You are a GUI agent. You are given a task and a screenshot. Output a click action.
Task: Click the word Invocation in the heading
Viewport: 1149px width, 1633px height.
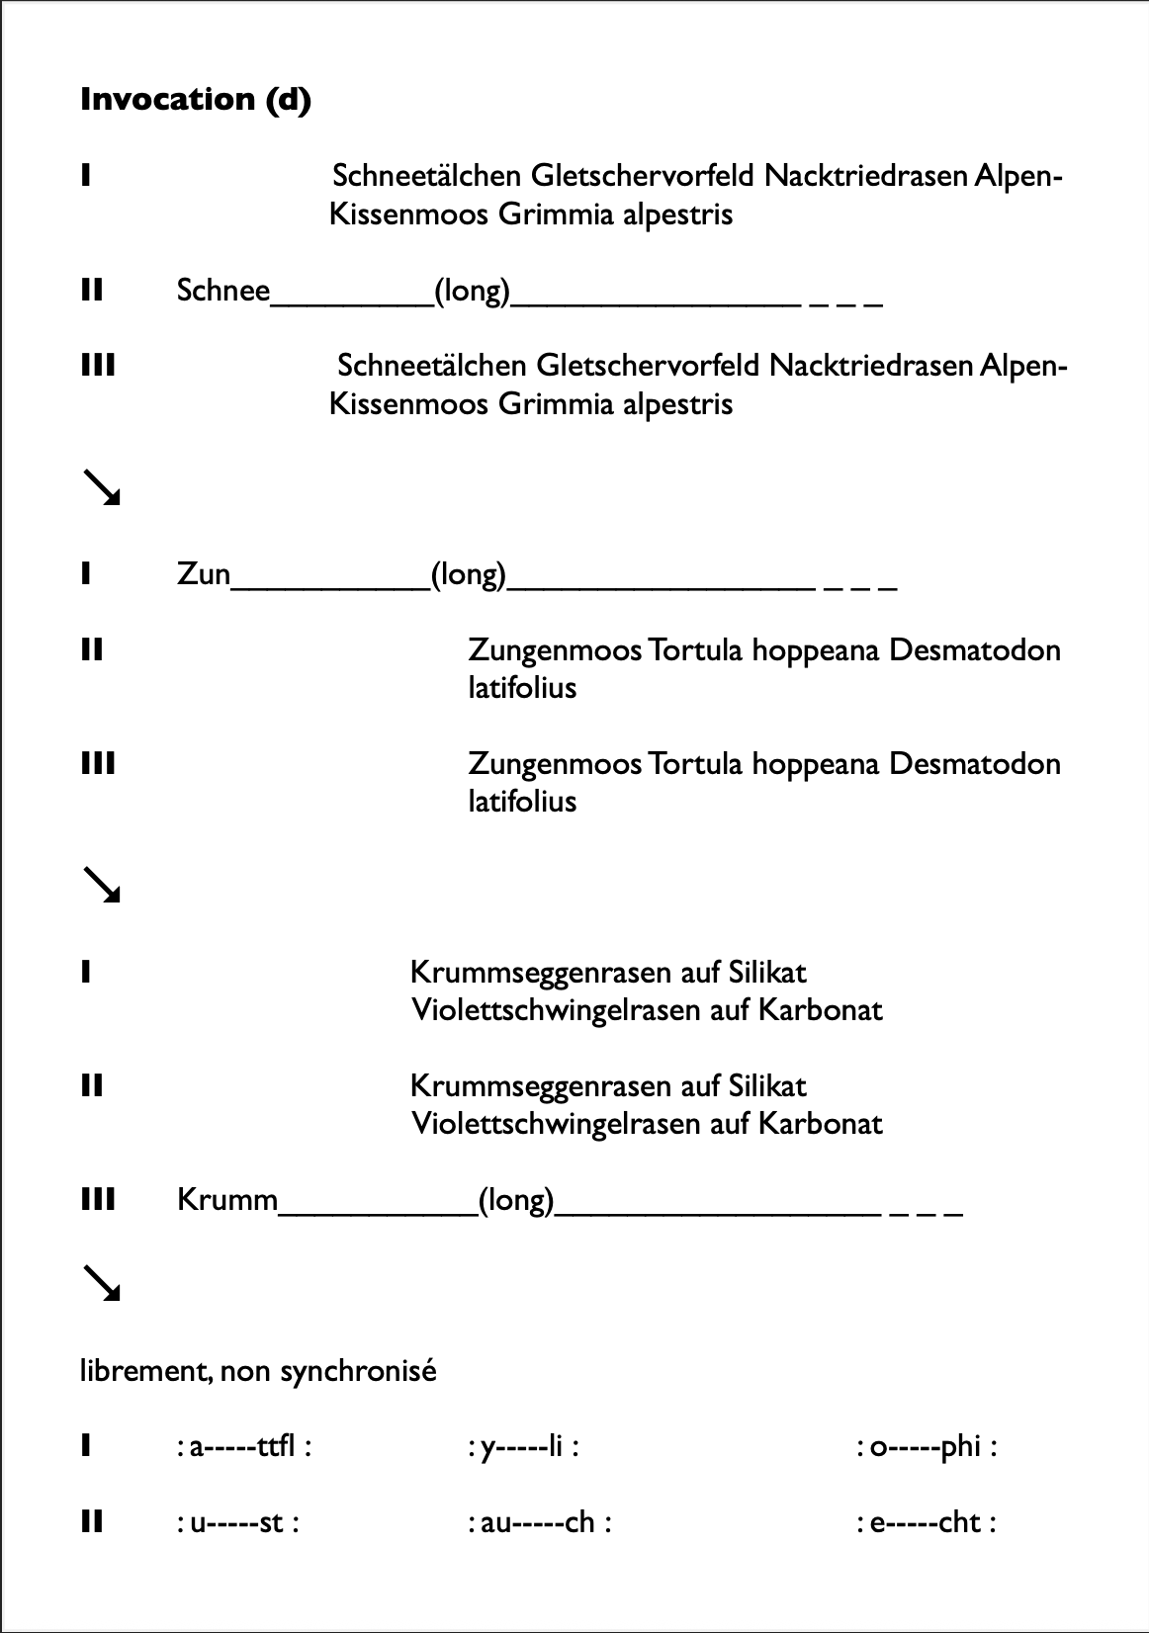[x=168, y=100]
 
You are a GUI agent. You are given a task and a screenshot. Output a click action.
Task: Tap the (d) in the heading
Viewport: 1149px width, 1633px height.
[x=288, y=100]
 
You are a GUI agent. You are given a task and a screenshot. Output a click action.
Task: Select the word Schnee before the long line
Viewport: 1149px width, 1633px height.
[x=223, y=291]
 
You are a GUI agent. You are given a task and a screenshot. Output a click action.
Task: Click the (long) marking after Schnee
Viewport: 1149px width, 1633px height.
[x=473, y=291]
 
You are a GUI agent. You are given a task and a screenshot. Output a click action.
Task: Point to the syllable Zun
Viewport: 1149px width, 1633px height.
[x=204, y=574]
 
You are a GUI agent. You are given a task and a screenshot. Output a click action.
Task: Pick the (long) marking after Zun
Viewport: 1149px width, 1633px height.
[x=469, y=574]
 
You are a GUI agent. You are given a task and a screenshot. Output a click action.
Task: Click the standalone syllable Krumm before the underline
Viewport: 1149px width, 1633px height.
[x=227, y=1200]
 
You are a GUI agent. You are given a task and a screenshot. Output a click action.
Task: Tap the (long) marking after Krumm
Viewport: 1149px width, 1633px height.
[x=516, y=1200]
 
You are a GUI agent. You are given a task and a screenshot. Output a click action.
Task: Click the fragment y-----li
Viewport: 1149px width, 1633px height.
[x=522, y=1447]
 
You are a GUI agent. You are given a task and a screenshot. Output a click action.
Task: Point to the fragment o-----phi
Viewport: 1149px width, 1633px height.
[x=926, y=1447]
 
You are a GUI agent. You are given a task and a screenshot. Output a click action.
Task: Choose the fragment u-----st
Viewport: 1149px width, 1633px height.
[x=237, y=1522]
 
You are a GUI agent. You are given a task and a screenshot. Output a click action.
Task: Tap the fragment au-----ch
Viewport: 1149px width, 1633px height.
[x=539, y=1522]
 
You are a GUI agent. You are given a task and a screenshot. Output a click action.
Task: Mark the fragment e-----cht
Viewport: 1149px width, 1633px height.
[x=926, y=1522]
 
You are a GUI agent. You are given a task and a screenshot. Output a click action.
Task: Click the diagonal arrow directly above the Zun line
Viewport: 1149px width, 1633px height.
[x=101, y=488]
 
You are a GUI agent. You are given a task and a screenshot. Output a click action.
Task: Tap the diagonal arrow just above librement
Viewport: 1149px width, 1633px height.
[x=101, y=1283]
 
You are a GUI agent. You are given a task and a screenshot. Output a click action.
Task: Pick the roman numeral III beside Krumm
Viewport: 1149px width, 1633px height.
[x=98, y=1200]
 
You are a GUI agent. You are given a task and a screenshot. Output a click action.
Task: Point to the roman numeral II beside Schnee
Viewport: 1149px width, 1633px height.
[x=92, y=291]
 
